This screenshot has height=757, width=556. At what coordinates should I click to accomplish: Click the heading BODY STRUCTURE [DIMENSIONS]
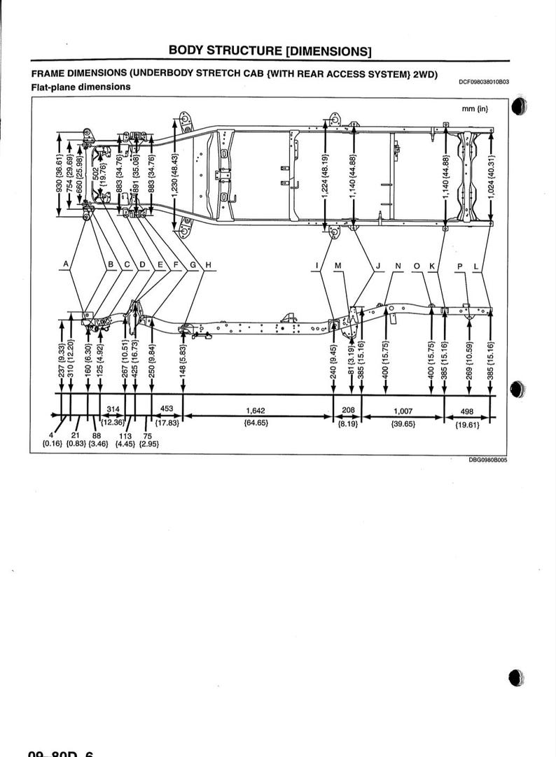coord(270,51)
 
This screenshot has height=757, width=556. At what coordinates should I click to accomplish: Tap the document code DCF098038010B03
coord(484,82)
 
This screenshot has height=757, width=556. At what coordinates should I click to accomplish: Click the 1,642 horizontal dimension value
coord(255,411)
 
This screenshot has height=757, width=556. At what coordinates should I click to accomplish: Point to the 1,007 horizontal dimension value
coord(403,411)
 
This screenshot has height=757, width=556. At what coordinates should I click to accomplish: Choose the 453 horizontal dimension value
coord(167,409)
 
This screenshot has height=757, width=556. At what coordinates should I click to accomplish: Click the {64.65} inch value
coord(255,423)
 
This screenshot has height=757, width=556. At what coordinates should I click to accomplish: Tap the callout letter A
coord(66,264)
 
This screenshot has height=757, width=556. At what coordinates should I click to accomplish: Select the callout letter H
coord(208,264)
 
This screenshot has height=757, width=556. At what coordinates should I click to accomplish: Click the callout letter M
coord(338,265)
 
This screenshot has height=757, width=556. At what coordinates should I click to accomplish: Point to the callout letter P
coord(460,266)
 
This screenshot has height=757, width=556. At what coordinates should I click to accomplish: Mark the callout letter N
coord(398,266)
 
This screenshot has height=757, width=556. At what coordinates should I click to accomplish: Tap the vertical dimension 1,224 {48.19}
coord(325,176)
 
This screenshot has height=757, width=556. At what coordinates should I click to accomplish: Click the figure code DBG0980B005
coord(488,460)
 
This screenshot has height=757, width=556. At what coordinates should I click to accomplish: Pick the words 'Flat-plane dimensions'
coord(81,87)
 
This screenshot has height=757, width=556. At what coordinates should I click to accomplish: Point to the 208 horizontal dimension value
coord(348,411)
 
